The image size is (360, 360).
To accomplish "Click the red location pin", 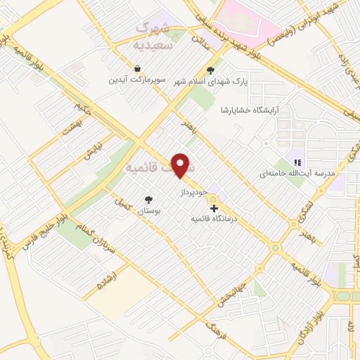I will [182, 165].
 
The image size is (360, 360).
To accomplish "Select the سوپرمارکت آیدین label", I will [136, 79].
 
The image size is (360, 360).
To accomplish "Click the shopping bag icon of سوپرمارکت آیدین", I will [136, 68].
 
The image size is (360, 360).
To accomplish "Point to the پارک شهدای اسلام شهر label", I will [210, 81].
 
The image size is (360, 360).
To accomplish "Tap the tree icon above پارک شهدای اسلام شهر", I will [210, 70].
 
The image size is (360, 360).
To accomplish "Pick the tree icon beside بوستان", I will [148, 199].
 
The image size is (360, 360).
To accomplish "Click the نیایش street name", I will [84, 155].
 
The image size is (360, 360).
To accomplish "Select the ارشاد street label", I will [106, 281].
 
